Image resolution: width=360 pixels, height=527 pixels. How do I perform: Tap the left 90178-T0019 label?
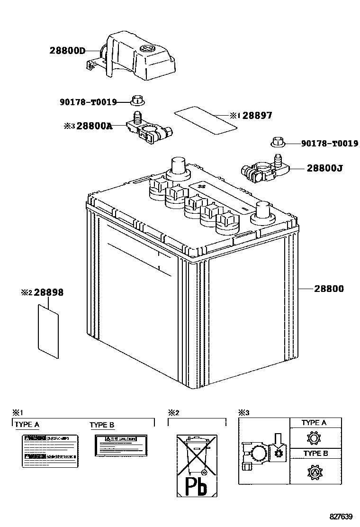tap(88, 101)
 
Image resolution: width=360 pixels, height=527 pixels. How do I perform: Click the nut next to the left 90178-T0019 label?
tap(138, 100)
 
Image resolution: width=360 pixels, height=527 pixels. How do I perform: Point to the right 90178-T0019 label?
tap(330, 143)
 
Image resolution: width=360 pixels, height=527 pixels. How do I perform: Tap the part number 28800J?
tap(324, 168)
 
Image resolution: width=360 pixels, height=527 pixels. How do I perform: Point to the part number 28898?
tap(48, 293)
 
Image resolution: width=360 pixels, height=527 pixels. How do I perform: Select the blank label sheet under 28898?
tap(48, 330)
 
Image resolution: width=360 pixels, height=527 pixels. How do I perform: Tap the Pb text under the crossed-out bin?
tap(196, 486)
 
